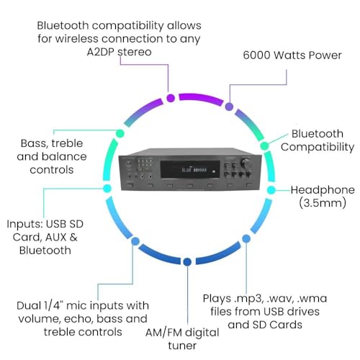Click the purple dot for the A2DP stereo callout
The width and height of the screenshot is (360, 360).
pyautogui.click(x=171, y=98)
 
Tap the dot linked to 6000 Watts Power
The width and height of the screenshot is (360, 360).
pyautogui.click(x=229, y=107)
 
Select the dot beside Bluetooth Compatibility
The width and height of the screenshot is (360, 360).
pyautogui.click(x=264, y=145)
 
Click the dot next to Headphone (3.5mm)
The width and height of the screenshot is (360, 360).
pyautogui.click(x=271, y=190)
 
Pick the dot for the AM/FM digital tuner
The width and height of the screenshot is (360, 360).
pyautogui.click(x=187, y=261)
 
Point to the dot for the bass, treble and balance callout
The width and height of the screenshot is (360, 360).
pyautogui.click(x=120, y=133)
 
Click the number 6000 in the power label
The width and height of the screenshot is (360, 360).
pyautogui.click(x=257, y=55)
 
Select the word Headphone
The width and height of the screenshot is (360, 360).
pyautogui.click(x=323, y=190)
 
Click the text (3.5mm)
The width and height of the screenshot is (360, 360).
pyautogui.click(x=323, y=203)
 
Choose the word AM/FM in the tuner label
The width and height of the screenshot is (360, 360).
pyautogui.click(x=163, y=333)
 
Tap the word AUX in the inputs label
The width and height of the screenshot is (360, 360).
pyautogui.click(x=55, y=238)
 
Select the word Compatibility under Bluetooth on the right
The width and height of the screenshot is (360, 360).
pyautogui.click(x=318, y=147)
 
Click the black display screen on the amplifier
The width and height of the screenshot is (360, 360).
pyautogui.click(x=190, y=169)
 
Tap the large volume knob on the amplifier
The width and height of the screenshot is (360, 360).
pyautogui.click(x=247, y=163)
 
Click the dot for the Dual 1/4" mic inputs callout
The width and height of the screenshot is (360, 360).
pyautogui.click(x=135, y=241)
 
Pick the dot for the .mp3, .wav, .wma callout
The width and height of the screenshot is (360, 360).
pyautogui.click(x=246, y=238)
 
